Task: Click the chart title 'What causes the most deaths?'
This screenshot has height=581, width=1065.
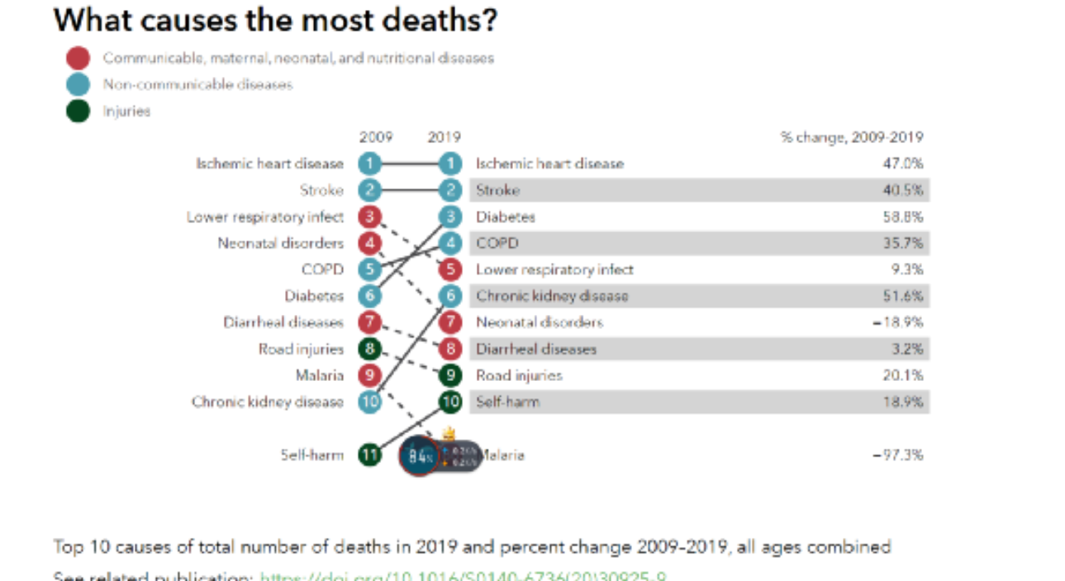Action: pyautogui.click(x=275, y=20)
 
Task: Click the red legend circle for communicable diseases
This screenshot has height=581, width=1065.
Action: pyautogui.click(x=78, y=59)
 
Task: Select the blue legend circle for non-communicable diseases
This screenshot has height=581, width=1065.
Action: pyautogui.click(x=78, y=84)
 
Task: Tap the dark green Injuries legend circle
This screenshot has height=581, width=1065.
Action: pyautogui.click(x=78, y=110)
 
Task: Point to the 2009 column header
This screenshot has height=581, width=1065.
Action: pyautogui.click(x=376, y=137)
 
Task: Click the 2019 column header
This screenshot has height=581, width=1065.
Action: pyautogui.click(x=444, y=137)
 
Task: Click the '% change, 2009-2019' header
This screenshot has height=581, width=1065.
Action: pyautogui.click(x=852, y=137)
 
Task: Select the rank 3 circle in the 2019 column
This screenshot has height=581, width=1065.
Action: pyautogui.click(x=450, y=217)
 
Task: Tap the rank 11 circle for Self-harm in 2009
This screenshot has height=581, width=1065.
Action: pyautogui.click(x=370, y=455)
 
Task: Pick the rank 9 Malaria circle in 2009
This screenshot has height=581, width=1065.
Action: pyautogui.click(x=370, y=375)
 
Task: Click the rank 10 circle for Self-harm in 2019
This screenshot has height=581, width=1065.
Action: pyautogui.click(x=450, y=402)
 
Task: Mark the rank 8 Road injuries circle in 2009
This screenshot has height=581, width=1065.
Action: pyautogui.click(x=370, y=349)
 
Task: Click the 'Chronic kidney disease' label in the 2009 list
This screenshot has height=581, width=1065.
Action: pyautogui.click(x=267, y=402)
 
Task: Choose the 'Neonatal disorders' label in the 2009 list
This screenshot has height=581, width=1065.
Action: pyautogui.click(x=280, y=243)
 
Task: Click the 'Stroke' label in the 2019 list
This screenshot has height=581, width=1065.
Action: pyautogui.click(x=497, y=190)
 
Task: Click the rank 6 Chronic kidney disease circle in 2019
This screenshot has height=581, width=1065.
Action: pyautogui.click(x=450, y=296)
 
